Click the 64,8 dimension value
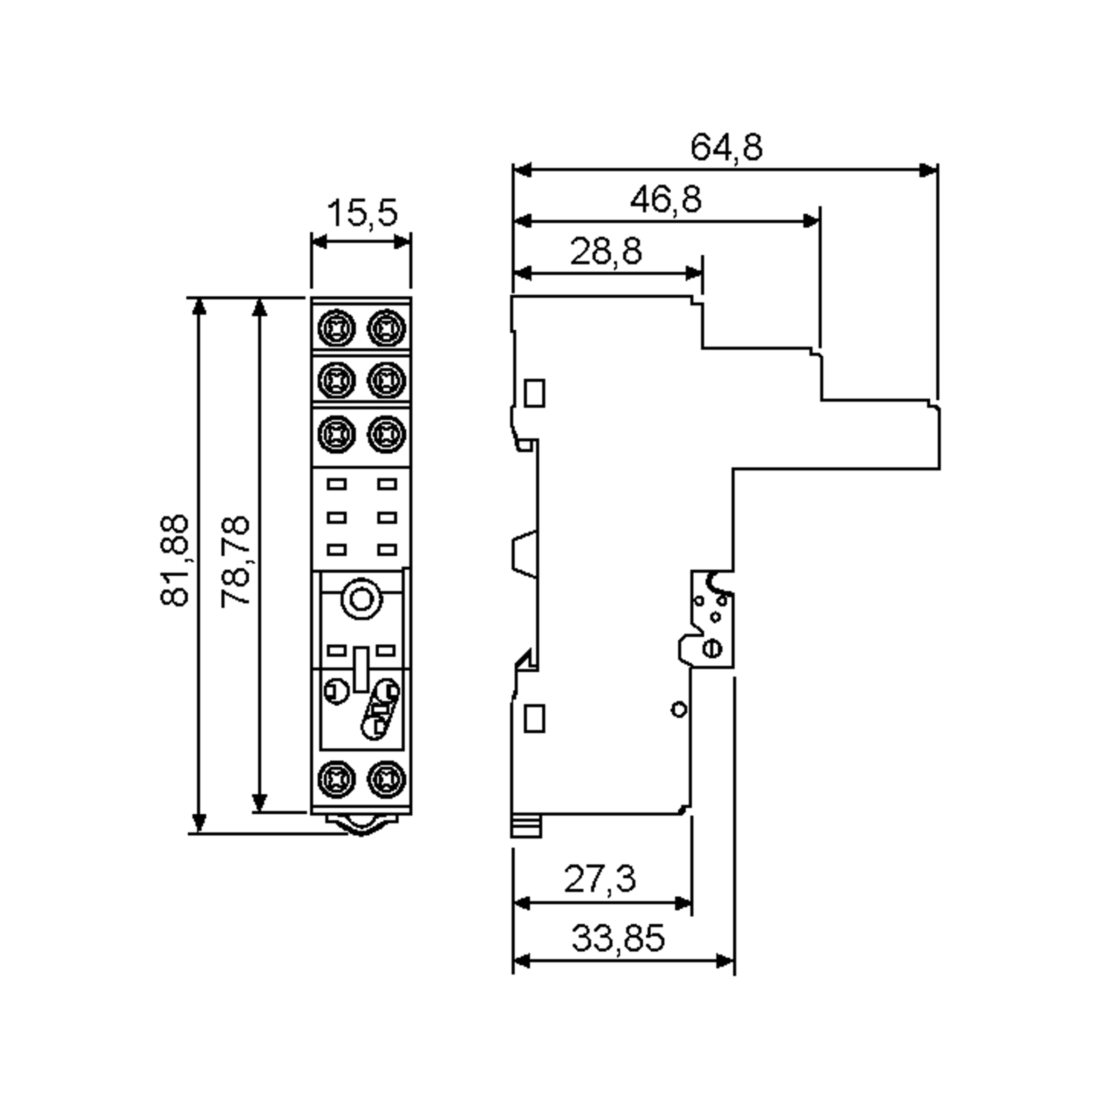click(726, 148)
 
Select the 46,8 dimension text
click(666, 200)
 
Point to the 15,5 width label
click(362, 213)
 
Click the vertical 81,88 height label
click(174, 559)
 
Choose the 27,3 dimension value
click(600, 879)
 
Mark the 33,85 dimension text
click(618, 938)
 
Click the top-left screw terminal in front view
click(336, 328)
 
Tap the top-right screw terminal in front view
click(387, 328)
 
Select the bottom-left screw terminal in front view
click(336, 779)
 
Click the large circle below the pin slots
click(361, 599)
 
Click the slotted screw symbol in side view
click(712, 648)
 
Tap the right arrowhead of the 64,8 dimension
click(928, 170)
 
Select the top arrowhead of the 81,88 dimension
click(198, 307)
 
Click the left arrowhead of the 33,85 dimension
click(521, 961)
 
